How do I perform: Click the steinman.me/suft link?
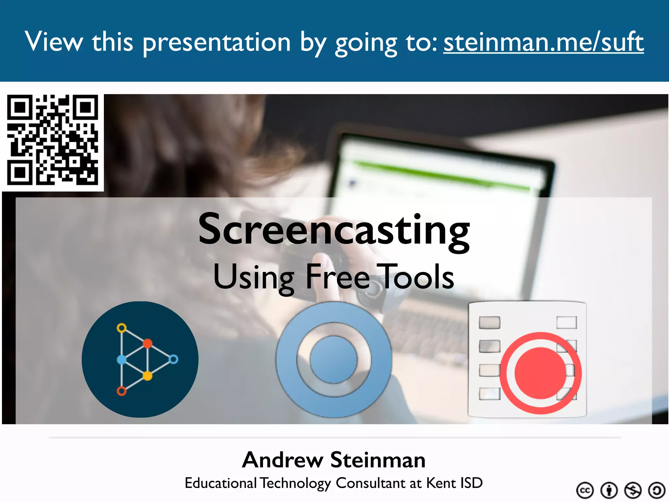click(543, 42)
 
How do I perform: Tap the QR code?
click(53, 140)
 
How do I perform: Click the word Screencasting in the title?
click(334, 230)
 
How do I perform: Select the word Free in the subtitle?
click(337, 277)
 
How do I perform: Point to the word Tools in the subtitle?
click(416, 277)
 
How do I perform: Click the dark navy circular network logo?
click(140, 360)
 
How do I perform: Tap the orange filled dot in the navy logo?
click(148, 343)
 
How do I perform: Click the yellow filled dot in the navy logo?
click(148, 376)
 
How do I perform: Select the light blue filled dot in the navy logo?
click(122, 360)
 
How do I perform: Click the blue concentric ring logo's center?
click(334, 360)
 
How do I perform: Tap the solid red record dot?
click(540, 373)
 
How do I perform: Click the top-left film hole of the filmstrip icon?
click(489, 323)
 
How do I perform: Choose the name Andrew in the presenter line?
click(283, 460)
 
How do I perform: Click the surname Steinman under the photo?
click(378, 460)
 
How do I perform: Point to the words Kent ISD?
click(454, 483)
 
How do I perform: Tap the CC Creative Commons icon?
click(585, 490)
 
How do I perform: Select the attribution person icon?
click(609, 490)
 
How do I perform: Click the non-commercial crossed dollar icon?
click(633, 490)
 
